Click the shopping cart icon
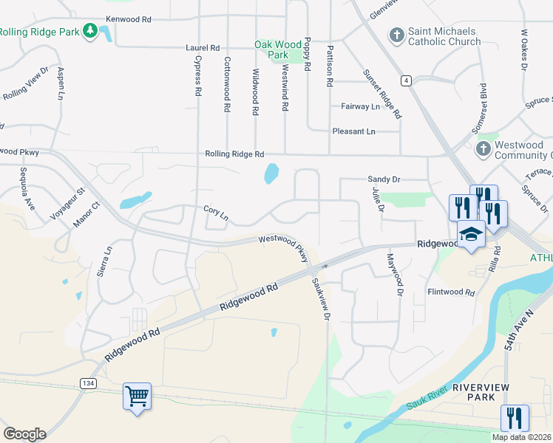(x=137, y=396)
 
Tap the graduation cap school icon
(x=471, y=235)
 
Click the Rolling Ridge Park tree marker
(x=90, y=31)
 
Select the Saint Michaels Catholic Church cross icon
(x=396, y=35)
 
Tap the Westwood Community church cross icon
(x=483, y=149)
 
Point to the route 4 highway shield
(x=407, y=80)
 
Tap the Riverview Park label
(x=473, y=392)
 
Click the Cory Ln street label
(x=216, y=213)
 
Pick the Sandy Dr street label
(x=384, y=179)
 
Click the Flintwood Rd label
(x=450, y=292)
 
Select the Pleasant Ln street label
(x=354, y=131)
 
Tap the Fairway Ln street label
(x=360, y=106)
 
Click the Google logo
(x=24, y=434)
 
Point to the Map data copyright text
(x=522, y=437)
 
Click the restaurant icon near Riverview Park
(x=515, y=418)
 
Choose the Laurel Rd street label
(x=203, y=47)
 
